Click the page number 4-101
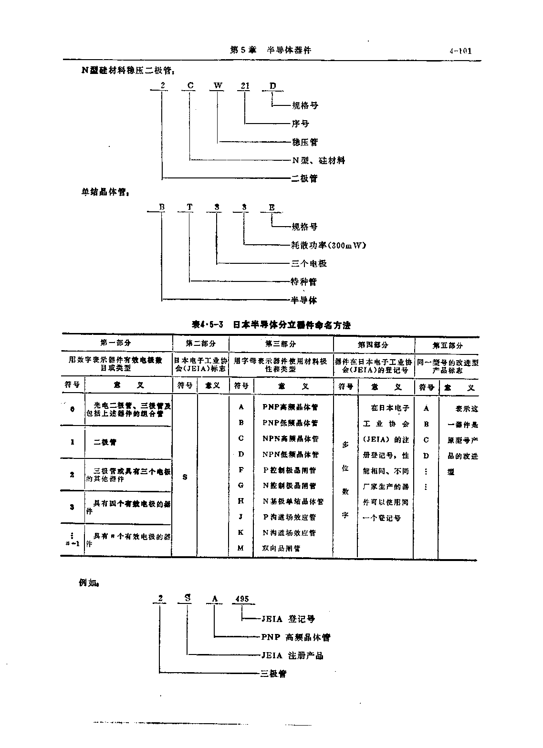point(460,51)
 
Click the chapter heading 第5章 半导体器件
point(270,50)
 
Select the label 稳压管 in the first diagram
point(304,142)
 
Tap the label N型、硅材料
point(318,160)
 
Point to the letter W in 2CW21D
point(218,86)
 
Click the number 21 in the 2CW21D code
point(245,86)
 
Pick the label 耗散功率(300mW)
point(328,245)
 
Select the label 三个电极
point(309,263)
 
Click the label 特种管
point(304,281)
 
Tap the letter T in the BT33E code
point(190,207)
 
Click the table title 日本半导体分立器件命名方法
point(292,325)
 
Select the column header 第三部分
point(281,343)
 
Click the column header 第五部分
point(448,345)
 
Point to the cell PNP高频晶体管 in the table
point(290,407)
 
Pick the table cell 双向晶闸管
point(282,548)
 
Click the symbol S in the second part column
point(185,477)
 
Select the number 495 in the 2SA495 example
point(242,599)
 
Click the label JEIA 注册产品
point(292,655)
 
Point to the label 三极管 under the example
point(273,674)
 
